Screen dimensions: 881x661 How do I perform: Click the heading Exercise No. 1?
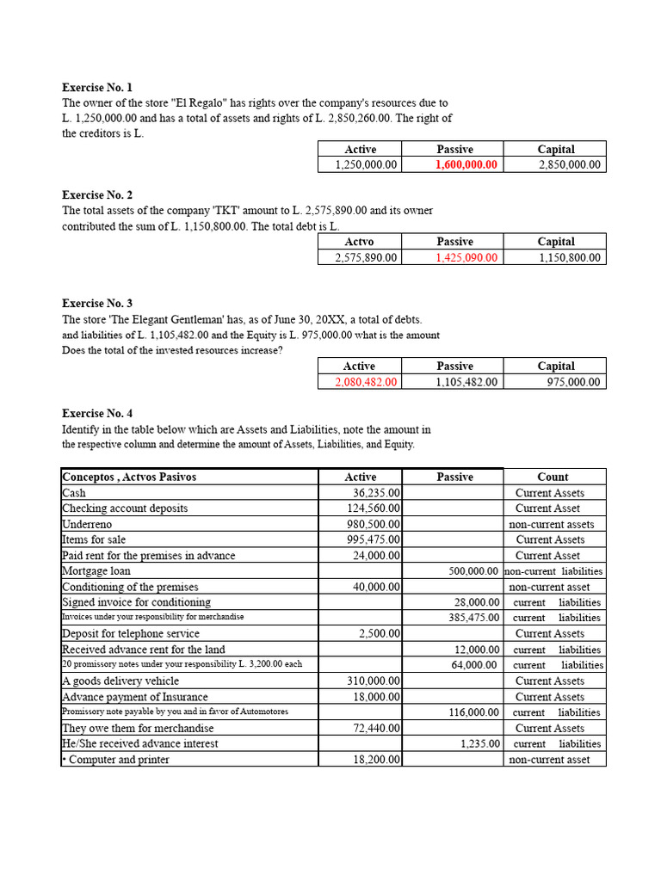click(x=97, y=88)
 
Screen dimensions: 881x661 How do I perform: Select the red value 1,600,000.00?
click(x=466, y=164)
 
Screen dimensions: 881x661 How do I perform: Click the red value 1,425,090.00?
click(x=466, y=257)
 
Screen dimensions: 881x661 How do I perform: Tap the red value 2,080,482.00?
click(x=367, y=382)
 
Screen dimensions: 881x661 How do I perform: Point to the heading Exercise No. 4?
click(x=97, y=414)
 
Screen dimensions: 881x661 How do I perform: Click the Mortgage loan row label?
click(x=96, y=571)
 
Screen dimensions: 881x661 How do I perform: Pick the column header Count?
click(x=553, y=477)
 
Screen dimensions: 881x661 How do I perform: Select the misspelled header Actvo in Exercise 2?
click(x=360, y=242)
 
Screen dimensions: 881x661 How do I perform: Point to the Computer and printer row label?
click(x=116, y=760)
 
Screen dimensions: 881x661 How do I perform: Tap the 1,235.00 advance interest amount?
click(x=479, y=743)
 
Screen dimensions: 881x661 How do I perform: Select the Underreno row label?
click(x=87, y=524)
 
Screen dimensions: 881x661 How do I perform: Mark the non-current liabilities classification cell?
click(x=553, y=571)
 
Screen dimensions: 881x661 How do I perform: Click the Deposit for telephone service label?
click(x=130, y=634)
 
